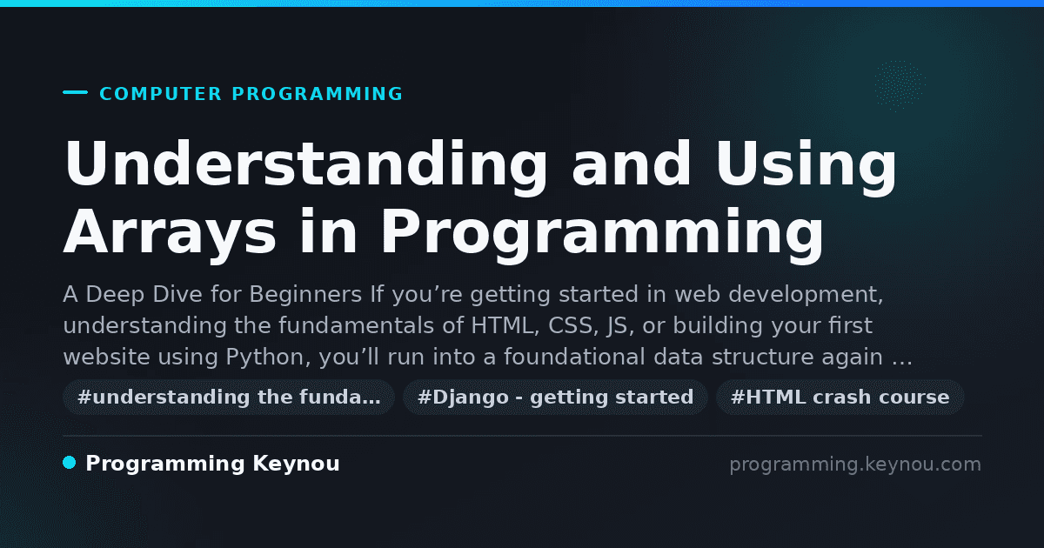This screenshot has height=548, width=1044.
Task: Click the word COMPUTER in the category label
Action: click(x=160, y=94)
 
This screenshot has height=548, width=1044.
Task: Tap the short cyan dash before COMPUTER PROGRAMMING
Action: click(x=75, y=92)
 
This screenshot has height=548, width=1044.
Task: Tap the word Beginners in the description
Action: click(x=305, y=295)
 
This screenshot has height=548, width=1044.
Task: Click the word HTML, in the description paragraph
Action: click(x=505, y=325)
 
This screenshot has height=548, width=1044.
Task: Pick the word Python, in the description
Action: click(x=269, y=358)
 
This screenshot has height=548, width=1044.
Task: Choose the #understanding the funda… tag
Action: click(x=229, y=398)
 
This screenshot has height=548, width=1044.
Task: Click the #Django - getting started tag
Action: click(x=556, y=398)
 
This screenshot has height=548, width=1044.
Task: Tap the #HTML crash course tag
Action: click(x=840, y=398)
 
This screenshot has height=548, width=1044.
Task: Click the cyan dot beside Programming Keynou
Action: click(x=69, y=463)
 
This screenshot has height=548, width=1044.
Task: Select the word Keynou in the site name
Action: click(x=296, y=464)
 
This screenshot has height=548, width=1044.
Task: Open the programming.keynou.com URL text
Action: click(x=855, y=464)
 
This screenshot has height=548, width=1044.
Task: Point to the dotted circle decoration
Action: click(x=899, y=85)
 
